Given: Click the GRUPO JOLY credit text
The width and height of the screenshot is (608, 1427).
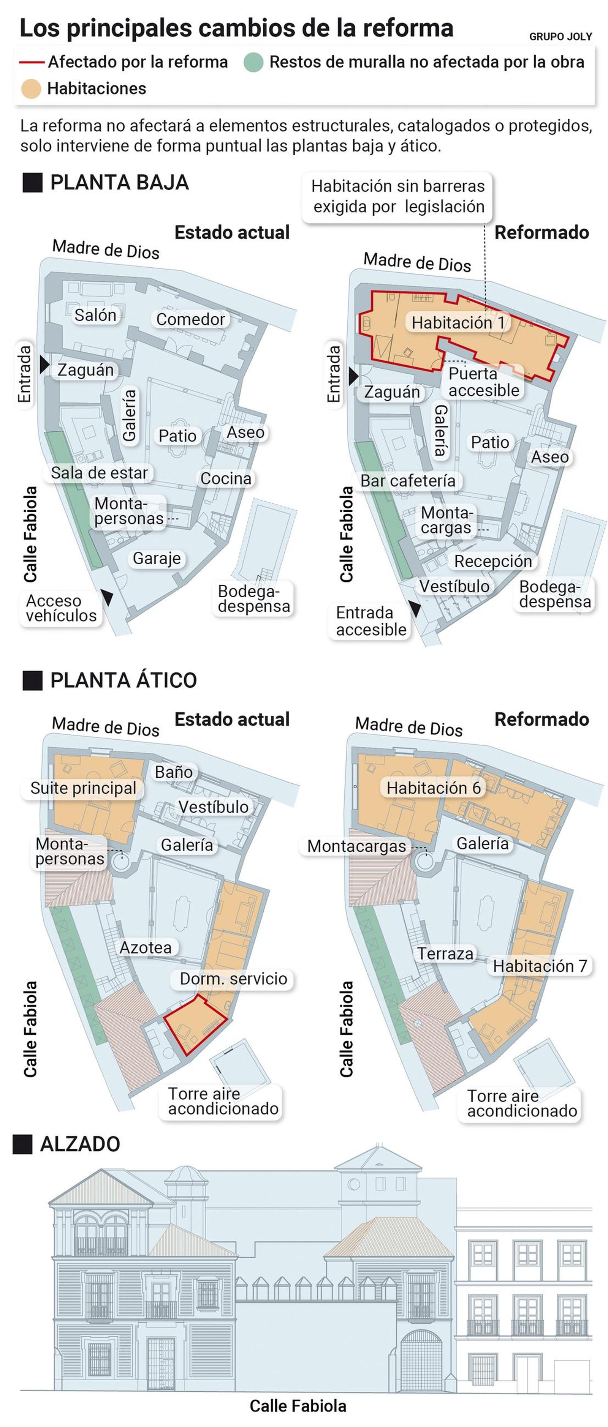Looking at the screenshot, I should tap(560, 36).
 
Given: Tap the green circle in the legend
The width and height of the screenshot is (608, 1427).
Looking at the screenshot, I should tap(253, 62).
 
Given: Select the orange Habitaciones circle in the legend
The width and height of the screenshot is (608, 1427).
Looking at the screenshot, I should tap(31, 88).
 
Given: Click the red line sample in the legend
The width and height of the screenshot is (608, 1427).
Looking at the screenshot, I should tap(32, 62).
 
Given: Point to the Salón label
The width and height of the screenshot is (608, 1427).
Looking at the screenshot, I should tap(95, 315).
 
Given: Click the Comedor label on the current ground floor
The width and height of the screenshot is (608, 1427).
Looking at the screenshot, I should tap(190, 319).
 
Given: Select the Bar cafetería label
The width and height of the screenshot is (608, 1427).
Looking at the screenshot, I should tap(408, 480).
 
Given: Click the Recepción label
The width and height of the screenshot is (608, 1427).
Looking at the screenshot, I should tap(493, 561).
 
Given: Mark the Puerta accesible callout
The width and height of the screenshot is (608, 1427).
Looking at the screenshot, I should tap(483, 382).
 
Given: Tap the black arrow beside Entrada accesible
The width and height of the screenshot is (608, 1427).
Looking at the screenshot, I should tap(415, 609).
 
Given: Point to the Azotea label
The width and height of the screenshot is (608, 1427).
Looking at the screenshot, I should tap(146, 947).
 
